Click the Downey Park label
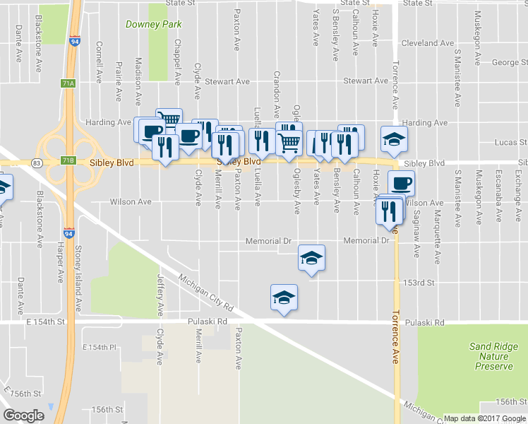tap(153, 24)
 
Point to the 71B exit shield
tap(68, 160)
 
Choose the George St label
tap(505, 63)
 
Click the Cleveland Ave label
tap(427, 43)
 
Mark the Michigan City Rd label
tap(206, 293)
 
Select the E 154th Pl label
tap(99, 348)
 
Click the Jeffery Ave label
tap(160, 295)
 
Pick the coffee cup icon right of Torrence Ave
tap(401, 183)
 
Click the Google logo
tap(23, 416)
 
